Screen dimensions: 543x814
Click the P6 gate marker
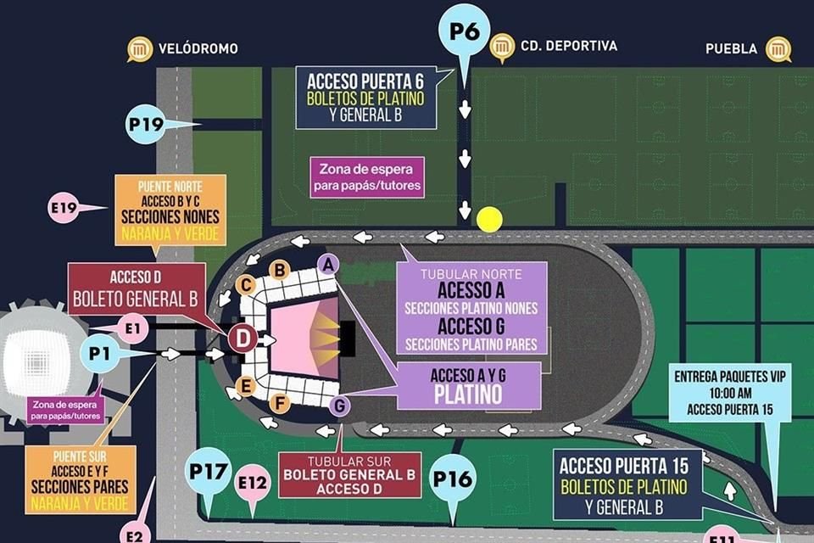[464, 32]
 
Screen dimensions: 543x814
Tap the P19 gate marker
[146, 125]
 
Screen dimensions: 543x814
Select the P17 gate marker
[207, 470]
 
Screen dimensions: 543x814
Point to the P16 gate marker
[452, 478]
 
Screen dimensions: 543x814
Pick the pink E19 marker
[64, 207]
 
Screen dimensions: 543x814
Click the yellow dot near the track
[489, 219]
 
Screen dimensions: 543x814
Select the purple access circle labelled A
[327, 264]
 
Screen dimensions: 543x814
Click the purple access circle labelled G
[339, 406]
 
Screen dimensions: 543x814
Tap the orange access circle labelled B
[280, 270]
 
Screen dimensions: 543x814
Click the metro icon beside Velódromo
[139, 48]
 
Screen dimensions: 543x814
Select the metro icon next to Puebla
[778, 48]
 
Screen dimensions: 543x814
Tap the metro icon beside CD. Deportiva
[502, 46]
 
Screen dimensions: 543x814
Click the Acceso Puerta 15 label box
[627, 484]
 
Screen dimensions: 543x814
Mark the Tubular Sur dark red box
[349, 474]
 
